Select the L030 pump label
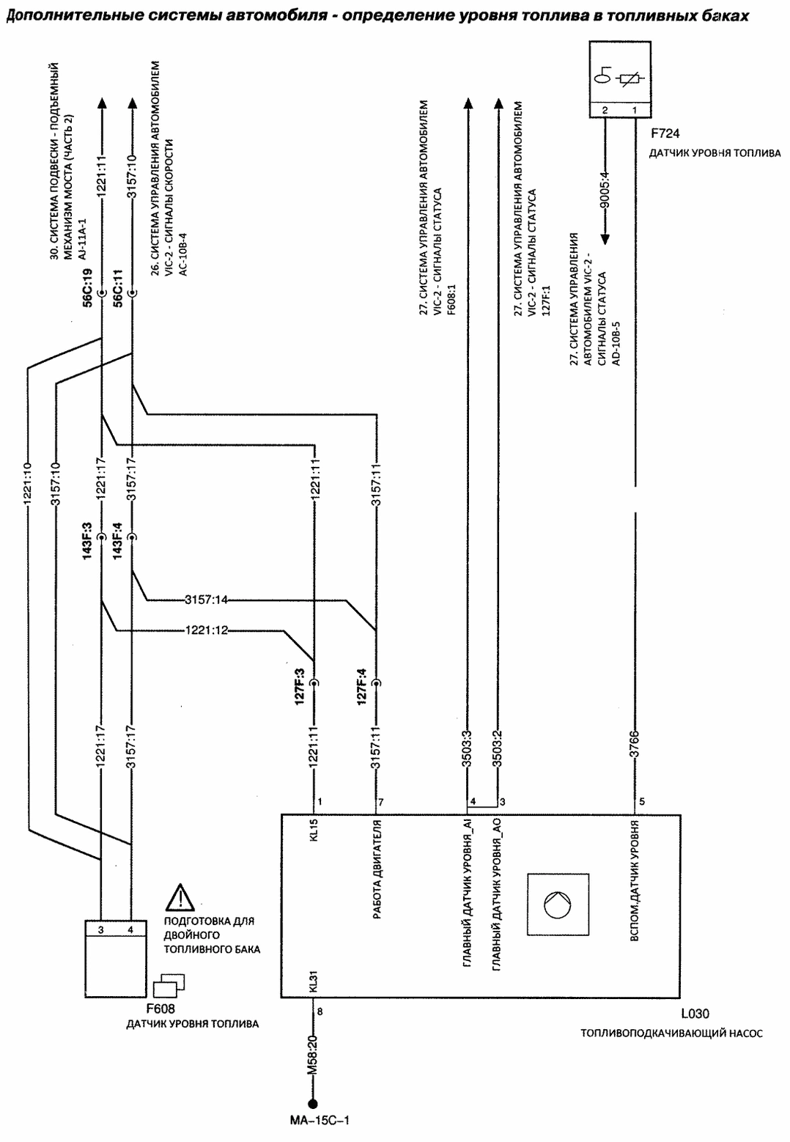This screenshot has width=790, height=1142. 695,1014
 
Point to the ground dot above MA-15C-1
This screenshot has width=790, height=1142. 313,1104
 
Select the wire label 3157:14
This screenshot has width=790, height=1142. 207,600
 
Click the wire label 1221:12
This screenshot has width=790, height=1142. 207,630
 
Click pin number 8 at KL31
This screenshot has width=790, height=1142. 319,1012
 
